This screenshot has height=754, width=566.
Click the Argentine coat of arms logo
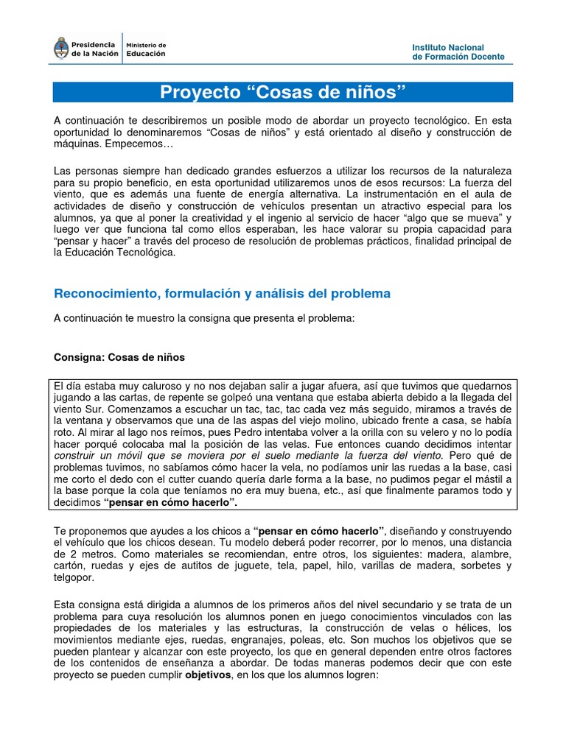(61, 49)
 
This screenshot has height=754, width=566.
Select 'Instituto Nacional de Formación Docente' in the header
(458, 52)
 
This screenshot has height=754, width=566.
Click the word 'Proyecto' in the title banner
(200, 93)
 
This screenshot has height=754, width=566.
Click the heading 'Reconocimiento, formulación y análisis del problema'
(222, 293)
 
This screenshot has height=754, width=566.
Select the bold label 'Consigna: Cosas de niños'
(119, 357)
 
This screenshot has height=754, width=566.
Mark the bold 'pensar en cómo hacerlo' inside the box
(171, 503)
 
